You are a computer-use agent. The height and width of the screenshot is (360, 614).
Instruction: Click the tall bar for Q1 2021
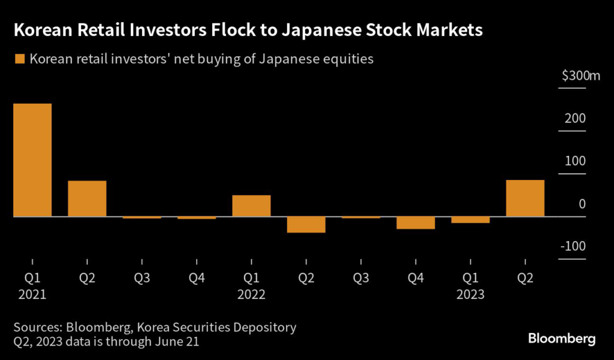click(x=32, y=160)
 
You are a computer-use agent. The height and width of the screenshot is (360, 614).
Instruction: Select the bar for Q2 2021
click(x=87, y=198)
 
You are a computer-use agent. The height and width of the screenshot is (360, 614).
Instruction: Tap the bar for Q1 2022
click(x=251, y=205)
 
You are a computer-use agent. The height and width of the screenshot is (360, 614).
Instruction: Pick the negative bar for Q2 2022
click(x=306, y=224)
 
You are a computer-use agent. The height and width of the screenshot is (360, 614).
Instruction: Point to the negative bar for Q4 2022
click(x=416, y=223)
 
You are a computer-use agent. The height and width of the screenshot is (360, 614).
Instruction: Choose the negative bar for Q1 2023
click(x=471, y=220)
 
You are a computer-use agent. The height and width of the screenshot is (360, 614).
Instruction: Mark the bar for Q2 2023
click(x=525, y=198)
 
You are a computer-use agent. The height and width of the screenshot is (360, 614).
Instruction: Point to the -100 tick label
click(x=573, y=247)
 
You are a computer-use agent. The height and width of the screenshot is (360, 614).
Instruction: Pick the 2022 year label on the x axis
click(x=251, y=295)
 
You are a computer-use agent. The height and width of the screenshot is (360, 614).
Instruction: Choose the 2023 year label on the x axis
click(x=471, y=295)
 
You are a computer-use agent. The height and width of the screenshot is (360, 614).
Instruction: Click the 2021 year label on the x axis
click(x=32, y=295)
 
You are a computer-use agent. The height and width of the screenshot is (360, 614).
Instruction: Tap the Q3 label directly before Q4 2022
click(x=360, y=278)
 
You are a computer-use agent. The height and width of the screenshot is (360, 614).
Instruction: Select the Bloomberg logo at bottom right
click(x=562, y=339)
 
